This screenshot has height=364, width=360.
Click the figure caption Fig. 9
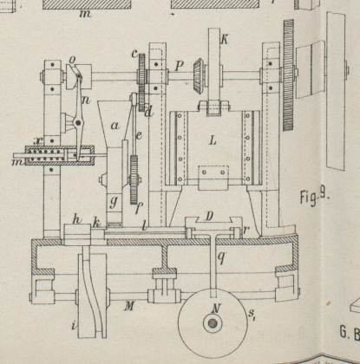[x=314, y=197]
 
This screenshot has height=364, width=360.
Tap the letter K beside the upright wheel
[x=224, y=39]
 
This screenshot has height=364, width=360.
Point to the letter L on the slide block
[x=213, y=140]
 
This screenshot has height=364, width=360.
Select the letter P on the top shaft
[x=180, y=67]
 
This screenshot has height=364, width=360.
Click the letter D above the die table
[x=210, y=217]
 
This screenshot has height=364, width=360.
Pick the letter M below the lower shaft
[x=129, y=306]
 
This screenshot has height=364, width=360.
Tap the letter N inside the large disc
[x=215, y=309]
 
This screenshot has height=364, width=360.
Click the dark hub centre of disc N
[x=213, y=323]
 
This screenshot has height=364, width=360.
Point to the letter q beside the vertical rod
[x=221, y=257]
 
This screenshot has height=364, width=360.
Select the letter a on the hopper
[x=115, y=126]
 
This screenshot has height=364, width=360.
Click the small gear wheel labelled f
[x=134, y=179]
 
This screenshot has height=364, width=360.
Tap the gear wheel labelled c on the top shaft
[x=141, y=82]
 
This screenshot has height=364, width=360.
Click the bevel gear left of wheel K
[x=198, y=76]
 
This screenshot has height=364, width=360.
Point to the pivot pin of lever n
[x=78, y=123]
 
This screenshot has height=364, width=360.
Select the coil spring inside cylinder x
[x=47, y=155]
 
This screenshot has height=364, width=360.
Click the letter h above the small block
[x=76, y=220]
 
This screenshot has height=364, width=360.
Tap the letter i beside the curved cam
[x=75, y=326]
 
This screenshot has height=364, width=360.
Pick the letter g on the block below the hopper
[x=114, y=202]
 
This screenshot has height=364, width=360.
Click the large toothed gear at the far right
[x=289, y=75]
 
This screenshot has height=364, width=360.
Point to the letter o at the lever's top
[x=72, y=60]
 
